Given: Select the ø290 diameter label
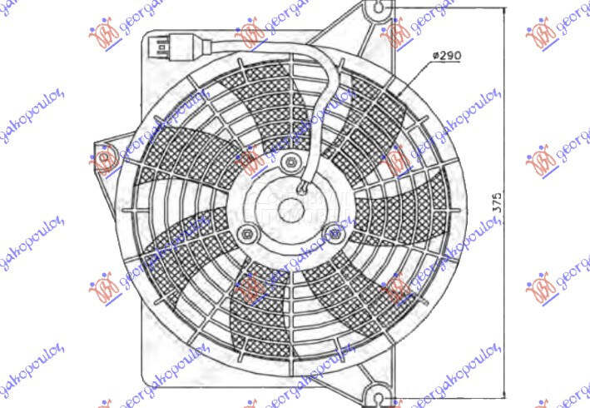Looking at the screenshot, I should tap(446, 55).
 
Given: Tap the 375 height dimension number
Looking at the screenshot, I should tap(498, 204).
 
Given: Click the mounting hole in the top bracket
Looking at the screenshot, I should tap(379, 8).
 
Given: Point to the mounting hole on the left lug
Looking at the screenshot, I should tap(104, 157).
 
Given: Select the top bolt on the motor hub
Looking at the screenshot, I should tap(289, 162).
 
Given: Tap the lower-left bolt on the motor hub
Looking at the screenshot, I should tap(246, 233).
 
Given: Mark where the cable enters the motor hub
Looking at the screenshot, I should tap(305, 187).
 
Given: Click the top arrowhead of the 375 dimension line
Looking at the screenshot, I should tap(503, 10).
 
